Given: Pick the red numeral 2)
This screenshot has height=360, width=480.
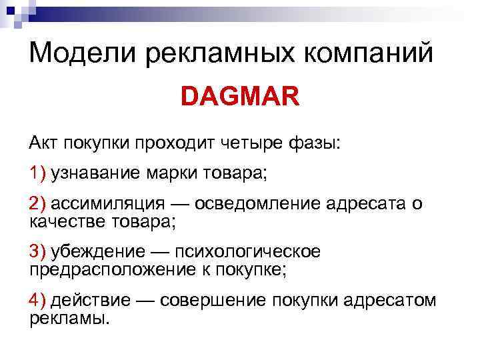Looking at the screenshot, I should click(x=37, y=203).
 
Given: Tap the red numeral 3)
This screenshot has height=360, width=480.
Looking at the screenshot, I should click(x=37, y=252).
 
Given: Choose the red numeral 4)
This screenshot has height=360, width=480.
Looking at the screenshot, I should click(x=37, y=301).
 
